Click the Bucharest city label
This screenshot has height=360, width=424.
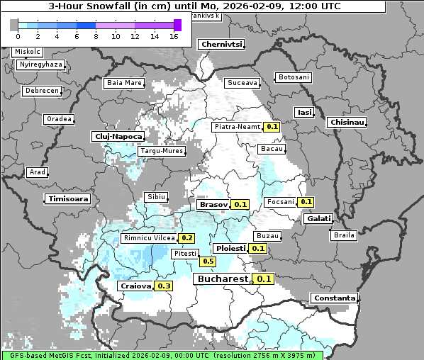click(222, 279)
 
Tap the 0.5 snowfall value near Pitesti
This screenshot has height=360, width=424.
click(208, 261)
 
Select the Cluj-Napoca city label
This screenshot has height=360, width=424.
click(118, 136)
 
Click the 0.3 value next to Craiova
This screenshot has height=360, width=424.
click(164, 286)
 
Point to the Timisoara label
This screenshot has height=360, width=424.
click(69, 199)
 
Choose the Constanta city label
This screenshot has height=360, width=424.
click(333, 298)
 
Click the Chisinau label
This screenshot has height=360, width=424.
click(347, 123)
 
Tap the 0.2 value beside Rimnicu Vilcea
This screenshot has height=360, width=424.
click(187, 238)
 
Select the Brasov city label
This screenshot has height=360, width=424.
click(213, 205)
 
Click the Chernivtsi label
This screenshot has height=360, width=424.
click(222, 44)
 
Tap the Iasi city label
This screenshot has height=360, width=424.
click(305, 112)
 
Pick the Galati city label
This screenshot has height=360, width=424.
click(318, 219)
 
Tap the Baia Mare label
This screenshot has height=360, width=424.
click(124, 83)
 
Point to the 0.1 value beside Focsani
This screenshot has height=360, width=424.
click(306, 202)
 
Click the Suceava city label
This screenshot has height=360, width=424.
click(242, 83)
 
